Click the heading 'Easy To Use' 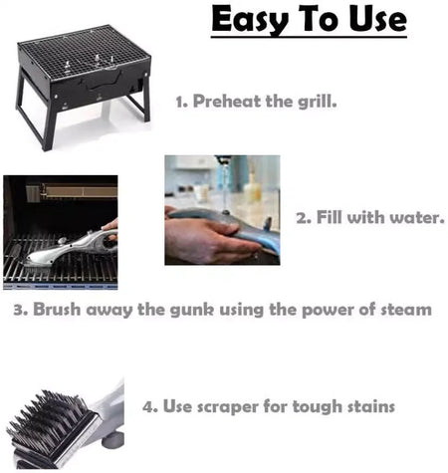click(309, 20)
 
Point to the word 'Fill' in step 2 click(334, 216)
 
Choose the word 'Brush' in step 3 click(60, 310)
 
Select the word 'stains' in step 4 click(367, 406)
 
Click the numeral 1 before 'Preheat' click(180, 101)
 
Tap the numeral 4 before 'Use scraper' click(148, 406)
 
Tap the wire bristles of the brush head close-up click(45, 423)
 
